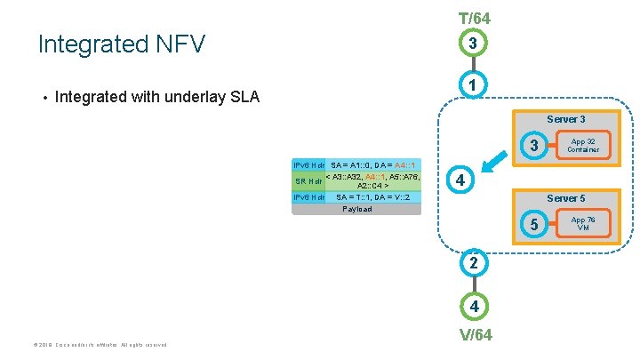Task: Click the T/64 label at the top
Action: (474, 18)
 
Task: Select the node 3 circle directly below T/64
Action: (474, 43)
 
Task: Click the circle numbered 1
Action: (474, 85)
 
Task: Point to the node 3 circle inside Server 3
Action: (533, 146)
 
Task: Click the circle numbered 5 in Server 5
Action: (533, 225)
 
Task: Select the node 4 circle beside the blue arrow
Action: (459, 180)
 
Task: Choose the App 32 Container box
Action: (583, 145)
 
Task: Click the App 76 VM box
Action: (583, 223)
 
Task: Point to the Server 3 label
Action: (565, 119)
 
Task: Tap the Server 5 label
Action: (565, 197)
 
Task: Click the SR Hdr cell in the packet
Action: (308, 181)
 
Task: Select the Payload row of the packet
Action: (356, 209)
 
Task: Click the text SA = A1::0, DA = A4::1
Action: (373, 165)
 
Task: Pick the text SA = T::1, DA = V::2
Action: (372, 197)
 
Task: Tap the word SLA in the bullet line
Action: (241, 96)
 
